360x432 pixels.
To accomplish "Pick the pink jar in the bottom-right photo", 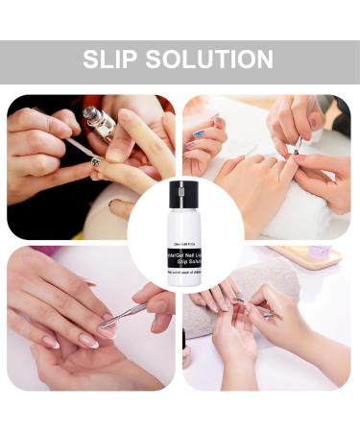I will [x=320, y=252].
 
